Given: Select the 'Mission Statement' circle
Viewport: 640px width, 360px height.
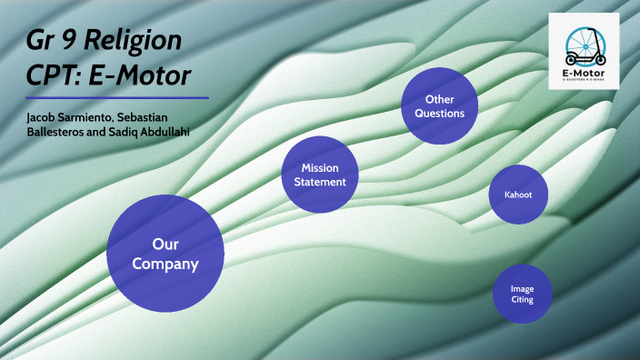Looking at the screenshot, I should click(x=319, y=175).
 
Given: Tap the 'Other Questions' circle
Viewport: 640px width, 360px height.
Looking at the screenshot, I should click(x=439, y=105).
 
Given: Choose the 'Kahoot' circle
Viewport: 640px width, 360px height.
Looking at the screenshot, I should click(x=518, y=195).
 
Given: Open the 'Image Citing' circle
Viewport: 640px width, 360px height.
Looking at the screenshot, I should click(x=522, y=293).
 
